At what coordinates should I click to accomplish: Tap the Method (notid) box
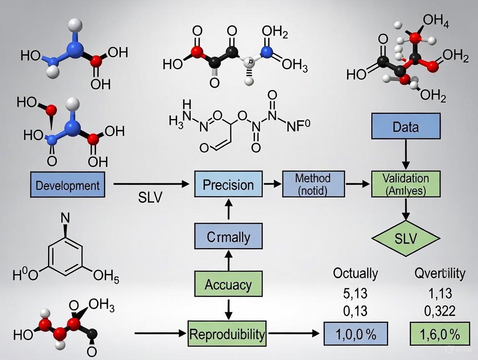[x=313, y=184]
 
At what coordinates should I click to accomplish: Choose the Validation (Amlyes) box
[x=406, y=184]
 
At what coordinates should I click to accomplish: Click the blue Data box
[x=405, y=127]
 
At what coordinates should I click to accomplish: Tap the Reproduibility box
[x=226, y=334]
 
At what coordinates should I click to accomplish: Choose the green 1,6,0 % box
[x=439, y=334]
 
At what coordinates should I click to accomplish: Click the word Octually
[x=355, y=273]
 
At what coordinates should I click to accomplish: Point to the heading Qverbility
[x=439, y=273]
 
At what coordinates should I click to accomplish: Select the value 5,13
[x=355, y=293]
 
